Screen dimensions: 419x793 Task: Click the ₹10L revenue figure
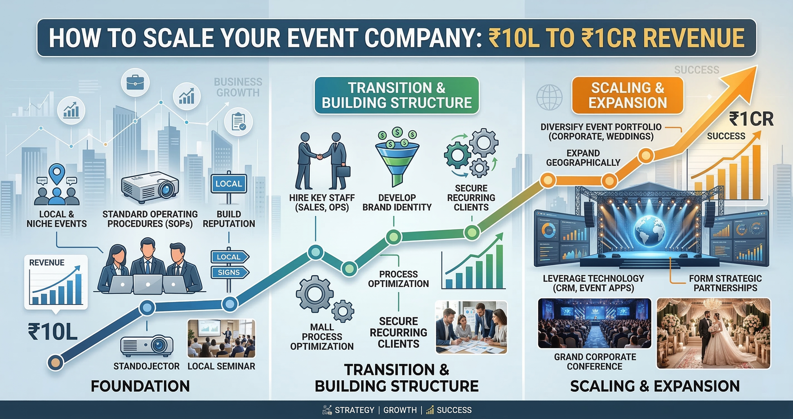[x=53, y=332]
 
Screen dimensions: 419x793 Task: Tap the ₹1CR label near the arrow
[x=751, y=120]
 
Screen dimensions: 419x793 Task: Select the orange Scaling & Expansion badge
[x=627, y=95]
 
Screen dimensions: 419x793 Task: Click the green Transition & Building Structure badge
[x=396, y=95]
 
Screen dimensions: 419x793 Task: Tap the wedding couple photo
[x=713, y=333]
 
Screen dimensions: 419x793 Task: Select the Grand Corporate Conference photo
[x=594, y=323]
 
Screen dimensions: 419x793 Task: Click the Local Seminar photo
[x=221, y=339]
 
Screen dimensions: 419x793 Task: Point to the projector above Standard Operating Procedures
[x=150, y=187]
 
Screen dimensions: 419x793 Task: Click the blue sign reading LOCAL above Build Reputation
[x=228, y=183]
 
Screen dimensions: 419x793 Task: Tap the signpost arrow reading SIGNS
[x=229, y=272]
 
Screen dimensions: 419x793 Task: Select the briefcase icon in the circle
[x=135, y=82]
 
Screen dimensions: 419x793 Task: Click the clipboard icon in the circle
[x=238, y=121]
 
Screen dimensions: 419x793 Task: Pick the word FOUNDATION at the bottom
[x=140, y=386]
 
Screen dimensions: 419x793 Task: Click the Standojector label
[x=146, y=366]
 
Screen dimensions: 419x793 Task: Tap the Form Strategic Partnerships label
[x=725, y=283]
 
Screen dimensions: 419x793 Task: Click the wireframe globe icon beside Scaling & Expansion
[x=549, y=97]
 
